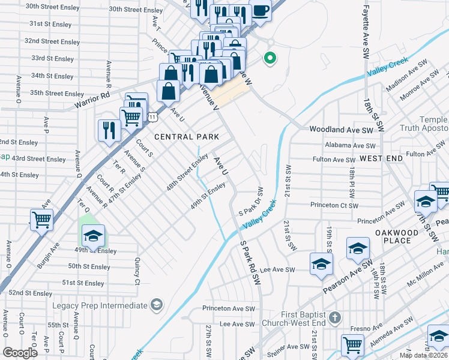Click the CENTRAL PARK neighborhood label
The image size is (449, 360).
click(187, 137)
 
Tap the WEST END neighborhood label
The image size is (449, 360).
click(381, 158)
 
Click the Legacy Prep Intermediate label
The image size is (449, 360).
click(100, 305)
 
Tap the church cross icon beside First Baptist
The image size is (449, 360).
click(335, 316)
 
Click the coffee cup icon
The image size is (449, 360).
click(261, 11)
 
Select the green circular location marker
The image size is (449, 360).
click(270, 58)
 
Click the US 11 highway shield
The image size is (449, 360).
click(154, 112)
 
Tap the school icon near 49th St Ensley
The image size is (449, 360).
click(93, 236)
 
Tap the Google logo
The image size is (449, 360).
click(20, 352)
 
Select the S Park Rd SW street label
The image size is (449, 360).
click(251, 263)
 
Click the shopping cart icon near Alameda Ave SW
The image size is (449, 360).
click(352, 344)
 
